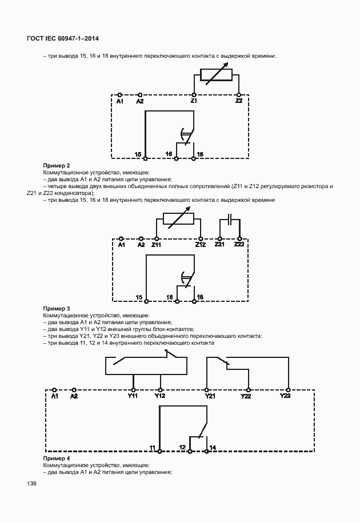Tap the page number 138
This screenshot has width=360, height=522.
[x=31, y=484]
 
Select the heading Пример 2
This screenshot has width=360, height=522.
[x=57, y=166]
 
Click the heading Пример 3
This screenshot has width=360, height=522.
[x=57, y=309]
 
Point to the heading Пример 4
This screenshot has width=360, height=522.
[x=57, y=459]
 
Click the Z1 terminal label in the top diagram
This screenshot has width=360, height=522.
[x=194, y=101]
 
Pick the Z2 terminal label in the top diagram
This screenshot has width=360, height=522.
[x=239, y=101]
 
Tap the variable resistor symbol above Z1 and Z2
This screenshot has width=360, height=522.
[x=215, y=76]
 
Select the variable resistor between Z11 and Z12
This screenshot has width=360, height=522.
[x=178, y=220]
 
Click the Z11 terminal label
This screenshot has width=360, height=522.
[x=156, y=245]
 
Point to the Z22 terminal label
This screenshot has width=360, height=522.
[x=239, y=245]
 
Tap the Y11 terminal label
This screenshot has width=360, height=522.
[x=133, y=396]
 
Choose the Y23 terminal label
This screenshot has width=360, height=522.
[x=285, y=396]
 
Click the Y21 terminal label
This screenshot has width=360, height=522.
[x=210, y=396]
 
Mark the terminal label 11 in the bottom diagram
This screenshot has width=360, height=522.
[x=152, y=447]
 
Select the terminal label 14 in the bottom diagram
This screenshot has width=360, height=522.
[x=213, y=447]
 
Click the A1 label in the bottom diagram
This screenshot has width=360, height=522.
[x=54, y=396]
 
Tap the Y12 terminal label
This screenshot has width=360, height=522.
[x=161, y=396]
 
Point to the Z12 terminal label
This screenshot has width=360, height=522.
[x=200, y=245]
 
